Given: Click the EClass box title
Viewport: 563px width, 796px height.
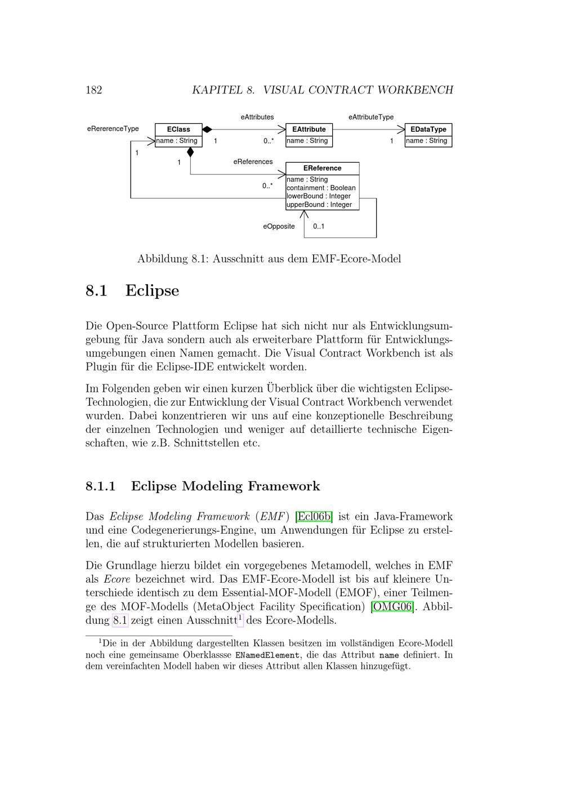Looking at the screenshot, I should pyautogui.click(x=178, y=129).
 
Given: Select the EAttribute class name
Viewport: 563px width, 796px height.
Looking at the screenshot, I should pyautogui.click(x=309, y=129).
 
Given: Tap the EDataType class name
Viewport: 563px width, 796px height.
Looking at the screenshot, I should pyautogui.click(x=428, y=129).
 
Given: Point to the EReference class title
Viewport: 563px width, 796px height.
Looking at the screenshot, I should pyautogui.click(x=322, y=168).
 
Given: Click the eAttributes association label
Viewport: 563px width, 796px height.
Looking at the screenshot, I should pyautogui.click(x=257, y=117).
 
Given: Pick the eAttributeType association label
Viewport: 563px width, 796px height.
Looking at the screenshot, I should pyautogui.click(x=371, y=117).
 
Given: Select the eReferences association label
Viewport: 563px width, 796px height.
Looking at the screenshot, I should pyautogui.click(x=253, y=162).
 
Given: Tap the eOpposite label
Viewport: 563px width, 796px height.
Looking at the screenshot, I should pyautogui.click(x=279, y=226).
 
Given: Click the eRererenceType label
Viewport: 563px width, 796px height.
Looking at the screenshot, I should pyautogui.click(x=113, y=129).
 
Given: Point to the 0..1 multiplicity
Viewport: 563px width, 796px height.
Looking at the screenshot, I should pyautogui.click(x=319, y=226).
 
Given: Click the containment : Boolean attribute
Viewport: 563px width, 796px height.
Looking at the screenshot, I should pyautogui.click(x=321, y=188).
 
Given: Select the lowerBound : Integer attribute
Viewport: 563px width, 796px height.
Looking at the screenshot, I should pyautogui.click(x=319, y=196).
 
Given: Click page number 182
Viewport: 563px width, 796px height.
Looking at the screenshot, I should pyautogui.click(x=93, y=90).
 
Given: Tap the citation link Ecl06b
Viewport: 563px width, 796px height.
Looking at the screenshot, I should pyautogui.click(x=314, y=517).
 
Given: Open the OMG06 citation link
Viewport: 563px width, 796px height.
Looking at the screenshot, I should pyautogui.click(x=392, y=607).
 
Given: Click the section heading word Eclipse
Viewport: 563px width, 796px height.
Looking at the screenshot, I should pyautogui.click(x=152, y=291).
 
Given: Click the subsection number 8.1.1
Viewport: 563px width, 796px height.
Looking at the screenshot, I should pyautogui.click(x=101, y=486).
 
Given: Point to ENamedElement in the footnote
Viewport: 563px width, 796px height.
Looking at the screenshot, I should pyautogui.click(x=267, y=655).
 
